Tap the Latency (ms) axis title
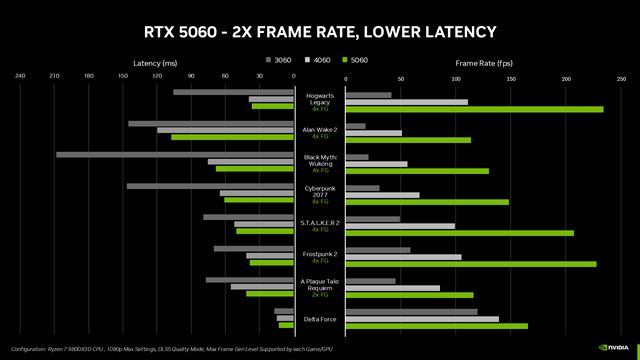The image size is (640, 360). pos(154,62)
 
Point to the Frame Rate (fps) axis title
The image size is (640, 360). pos(482,62)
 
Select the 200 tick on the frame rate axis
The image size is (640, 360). pos(567,75)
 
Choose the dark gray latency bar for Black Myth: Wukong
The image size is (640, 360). pos(175,155)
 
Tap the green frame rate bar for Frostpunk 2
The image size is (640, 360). pos(469,263)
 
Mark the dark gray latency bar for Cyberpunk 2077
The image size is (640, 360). pos(210,186)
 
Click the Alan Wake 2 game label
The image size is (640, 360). pos(320,129)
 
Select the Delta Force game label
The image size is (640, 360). pos(320,318)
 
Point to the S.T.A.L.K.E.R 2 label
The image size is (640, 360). pos(320,221)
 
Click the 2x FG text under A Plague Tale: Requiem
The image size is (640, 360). pos(320,295)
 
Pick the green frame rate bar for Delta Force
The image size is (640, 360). pos(435,326)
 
